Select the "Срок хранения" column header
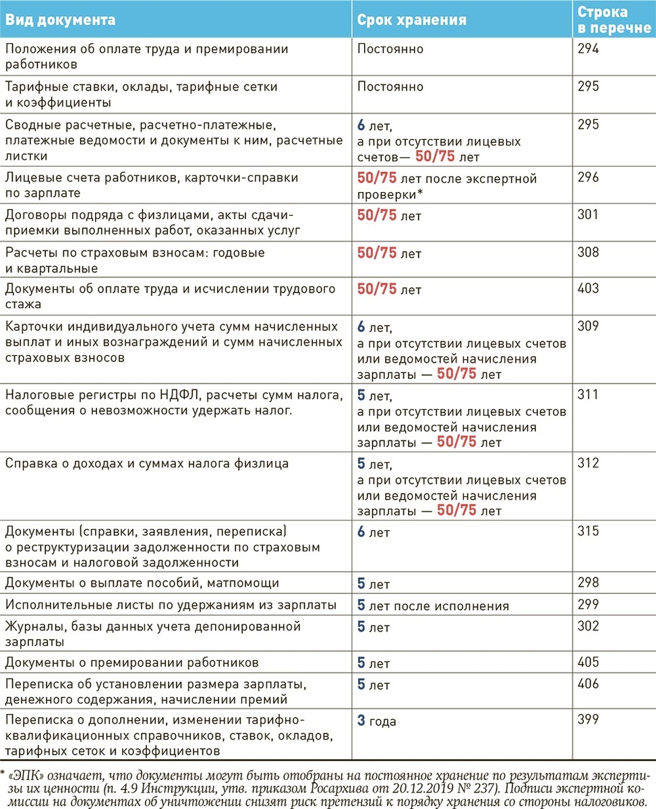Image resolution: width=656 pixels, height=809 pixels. [x=411, y=20]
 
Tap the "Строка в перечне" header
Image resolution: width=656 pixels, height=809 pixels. [x=603, y=20]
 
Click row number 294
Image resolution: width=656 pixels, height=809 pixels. [x=588, y=49]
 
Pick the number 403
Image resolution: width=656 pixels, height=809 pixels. [x=588, y=289]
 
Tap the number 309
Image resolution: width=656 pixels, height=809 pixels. [x=588, y=326]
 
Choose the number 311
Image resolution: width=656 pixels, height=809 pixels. [x=588, y=394]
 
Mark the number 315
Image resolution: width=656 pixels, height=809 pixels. [x=588, y=531]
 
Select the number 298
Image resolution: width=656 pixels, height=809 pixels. [x=588, y=582]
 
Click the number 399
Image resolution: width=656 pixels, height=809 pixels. [x=588, y=720]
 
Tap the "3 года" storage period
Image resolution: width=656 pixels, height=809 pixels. [x=377, y=721]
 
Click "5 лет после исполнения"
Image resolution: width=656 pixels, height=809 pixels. [x=433, y=605]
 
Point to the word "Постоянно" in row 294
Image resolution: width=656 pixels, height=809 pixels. [x=390, y=49]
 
